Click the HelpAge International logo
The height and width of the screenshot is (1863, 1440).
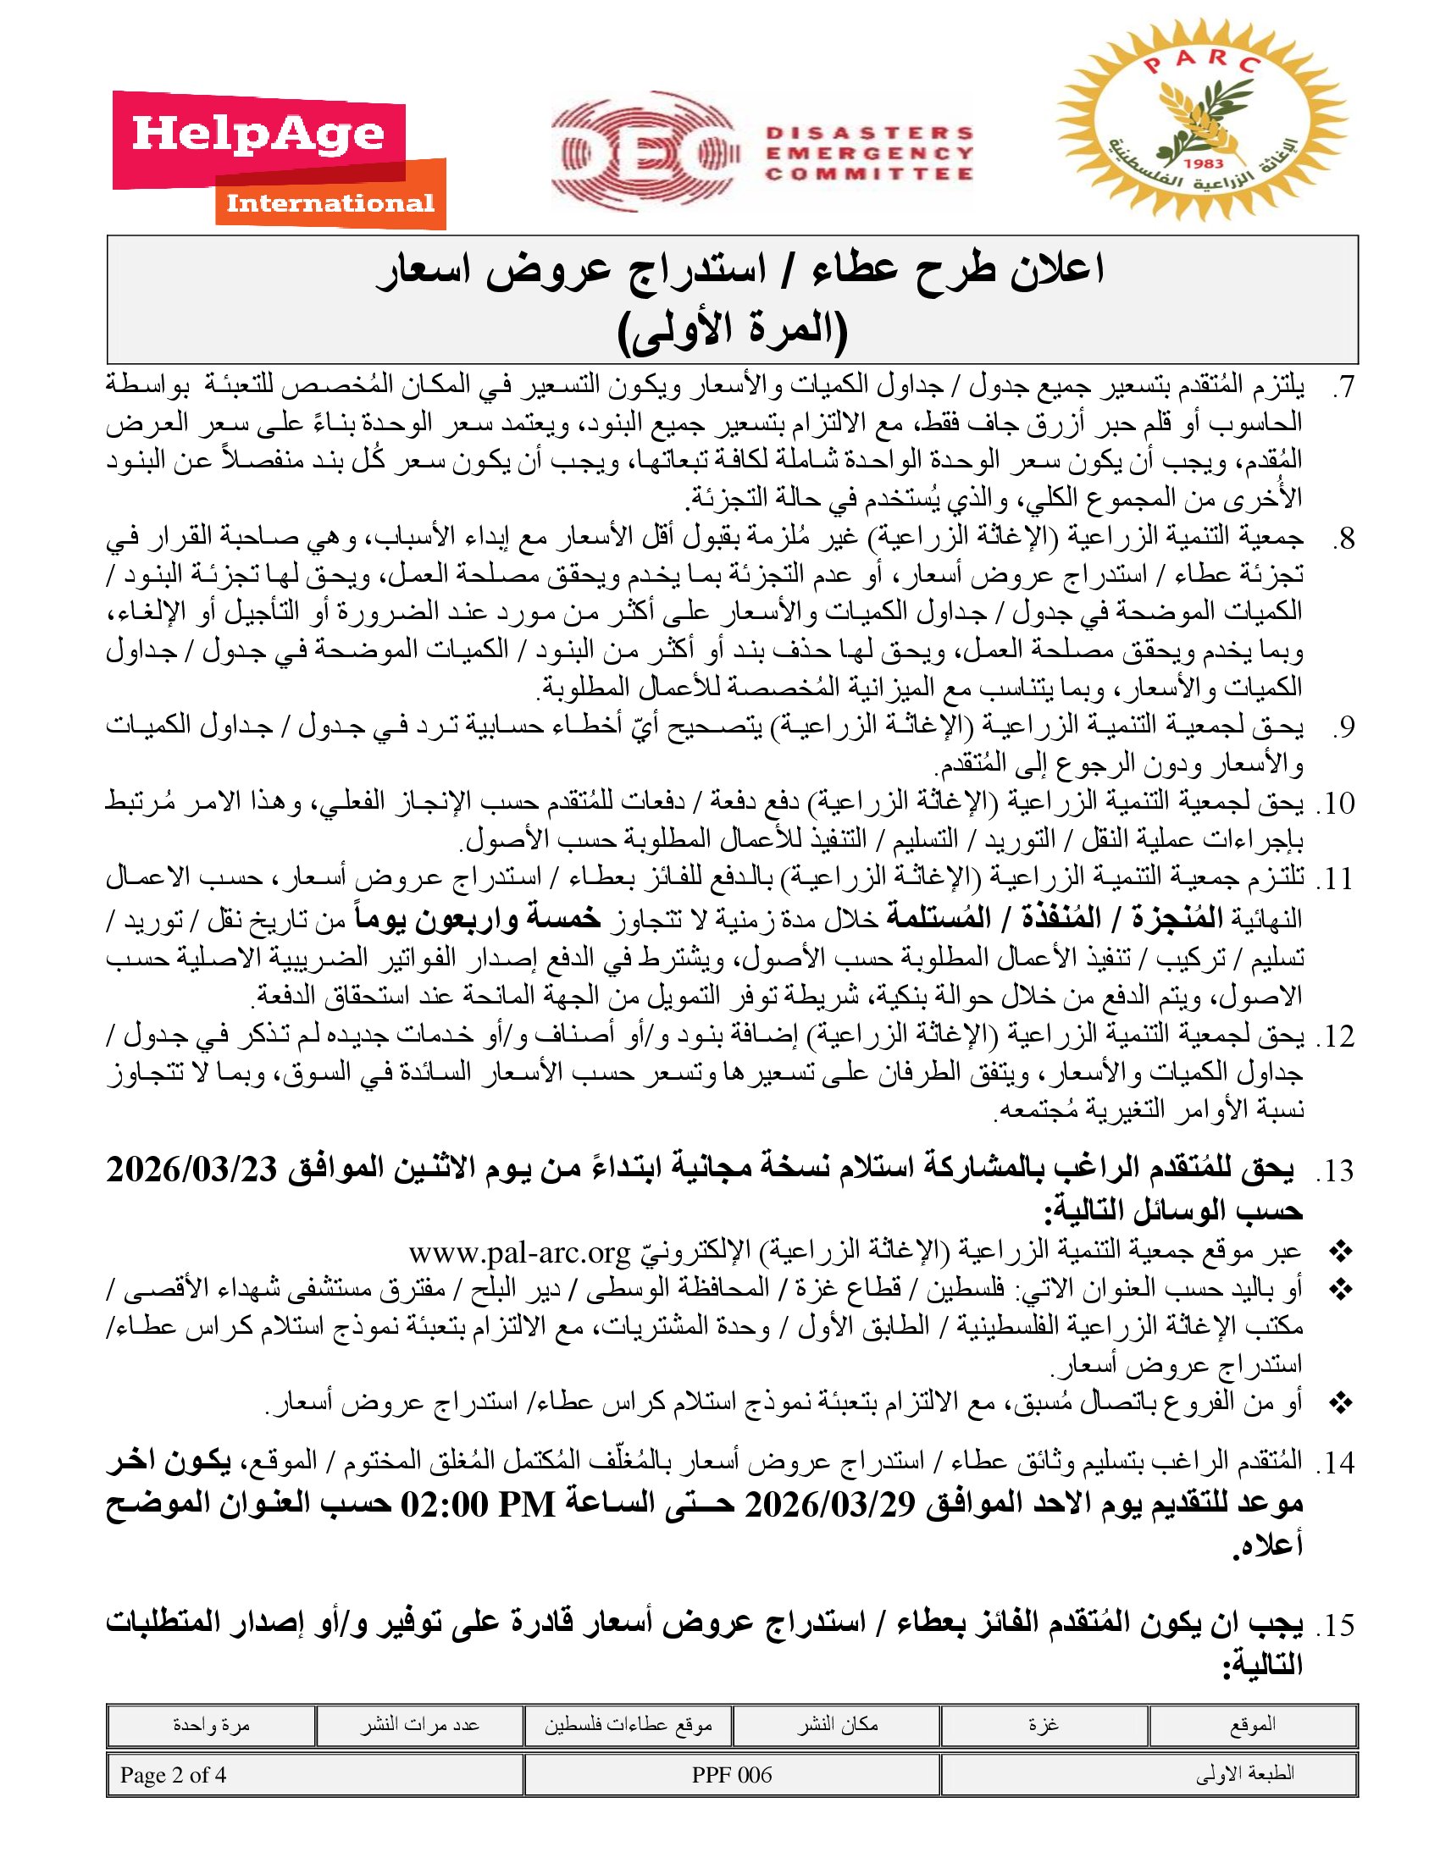click(279, 160)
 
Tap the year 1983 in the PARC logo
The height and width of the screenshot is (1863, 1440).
click(1204, 163)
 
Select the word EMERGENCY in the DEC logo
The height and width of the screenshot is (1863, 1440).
click(869, 153)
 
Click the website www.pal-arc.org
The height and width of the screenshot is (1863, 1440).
click(518, 1253)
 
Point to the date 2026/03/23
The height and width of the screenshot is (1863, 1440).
click(195, 1169)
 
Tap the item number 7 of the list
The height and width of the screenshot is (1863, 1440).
click(1343, 388)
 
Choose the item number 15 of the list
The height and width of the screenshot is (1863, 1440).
click(1338, 1626)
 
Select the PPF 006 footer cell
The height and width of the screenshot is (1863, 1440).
click(732, 1775)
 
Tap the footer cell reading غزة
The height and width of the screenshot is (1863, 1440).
click(1044, 1725)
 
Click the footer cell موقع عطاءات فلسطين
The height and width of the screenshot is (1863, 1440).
click(628, 1725)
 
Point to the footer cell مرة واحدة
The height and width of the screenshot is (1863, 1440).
click(211, 1725)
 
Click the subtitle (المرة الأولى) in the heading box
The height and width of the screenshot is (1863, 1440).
click(732, 332)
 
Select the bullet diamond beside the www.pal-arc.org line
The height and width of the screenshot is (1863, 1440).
click(1342, 1253)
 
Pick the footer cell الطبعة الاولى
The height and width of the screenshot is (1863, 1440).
click(1244, 1775)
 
